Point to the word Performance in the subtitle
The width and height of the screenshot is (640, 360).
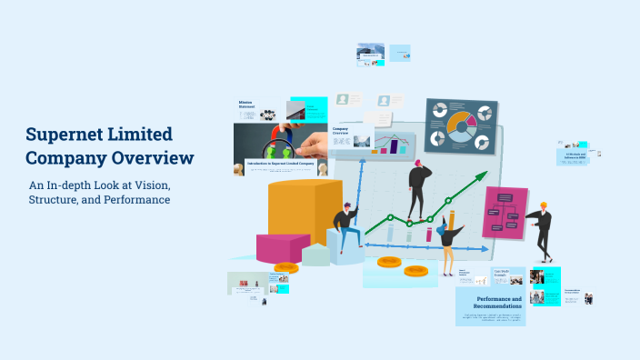pyautogui.click(x=135, y=199)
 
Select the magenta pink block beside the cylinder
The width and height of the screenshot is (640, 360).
pyautogui.click(x=283, y=246)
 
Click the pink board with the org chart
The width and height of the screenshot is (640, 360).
pyautogui.click(x=505, y=213)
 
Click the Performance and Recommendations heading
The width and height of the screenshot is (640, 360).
pyautogui.click(x=499, y=303)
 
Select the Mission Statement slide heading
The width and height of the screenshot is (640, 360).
pyautogui.click(x=247, y=105)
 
